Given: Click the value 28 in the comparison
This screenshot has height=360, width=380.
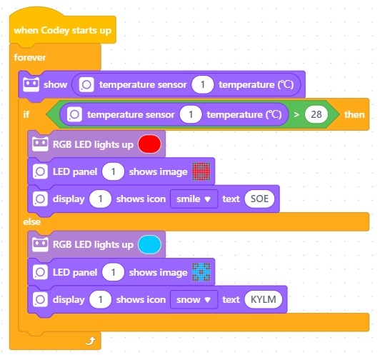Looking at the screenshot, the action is [316, 114].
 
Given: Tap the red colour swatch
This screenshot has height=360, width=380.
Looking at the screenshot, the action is [149, 144].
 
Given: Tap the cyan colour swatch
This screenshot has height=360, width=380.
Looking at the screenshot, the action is [149, 244].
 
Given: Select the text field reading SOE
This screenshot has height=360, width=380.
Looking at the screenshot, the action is [259, 199].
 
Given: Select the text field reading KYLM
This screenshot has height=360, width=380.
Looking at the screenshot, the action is [264, 299].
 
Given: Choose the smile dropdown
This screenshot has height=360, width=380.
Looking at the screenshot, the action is [194, 199].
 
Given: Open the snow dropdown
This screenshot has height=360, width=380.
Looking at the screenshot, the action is [194, 299].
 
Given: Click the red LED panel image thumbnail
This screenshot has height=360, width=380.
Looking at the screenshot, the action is [201, 171].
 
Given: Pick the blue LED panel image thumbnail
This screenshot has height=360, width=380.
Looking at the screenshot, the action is [201, 272].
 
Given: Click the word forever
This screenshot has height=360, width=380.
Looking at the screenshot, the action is [30, 57].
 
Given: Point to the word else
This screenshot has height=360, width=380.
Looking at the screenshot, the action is [31, 222].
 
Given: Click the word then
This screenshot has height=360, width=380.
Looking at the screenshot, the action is [354, 115].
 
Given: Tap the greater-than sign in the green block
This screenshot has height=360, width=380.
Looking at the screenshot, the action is [296, 115].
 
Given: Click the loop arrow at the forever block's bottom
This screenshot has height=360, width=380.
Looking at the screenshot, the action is [91, 341].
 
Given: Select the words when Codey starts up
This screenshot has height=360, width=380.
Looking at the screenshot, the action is [63, 31].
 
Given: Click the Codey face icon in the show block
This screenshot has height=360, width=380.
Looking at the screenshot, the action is [31, 84].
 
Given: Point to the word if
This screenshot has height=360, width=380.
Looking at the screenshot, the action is [26, 114].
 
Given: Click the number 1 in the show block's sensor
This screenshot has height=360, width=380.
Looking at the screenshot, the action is [203, 84].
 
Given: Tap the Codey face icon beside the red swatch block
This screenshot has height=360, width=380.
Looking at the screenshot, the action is [40, 144].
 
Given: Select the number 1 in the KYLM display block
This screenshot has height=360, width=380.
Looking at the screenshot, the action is [100, 299].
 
